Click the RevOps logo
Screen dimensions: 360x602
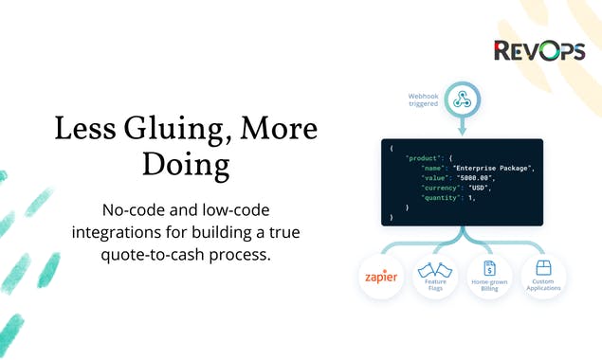pos(539,51)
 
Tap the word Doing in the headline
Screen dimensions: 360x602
pos(186,164)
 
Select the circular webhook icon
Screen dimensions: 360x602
pos(463,99)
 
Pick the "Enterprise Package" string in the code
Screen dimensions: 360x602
pos(493,168)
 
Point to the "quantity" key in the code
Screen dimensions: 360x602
pos(442,197)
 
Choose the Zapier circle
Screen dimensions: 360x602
pos(379,279)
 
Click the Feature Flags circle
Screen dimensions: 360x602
pos(434,279)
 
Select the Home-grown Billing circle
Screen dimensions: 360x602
pos(489,279)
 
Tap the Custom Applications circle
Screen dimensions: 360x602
pos(544,279)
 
